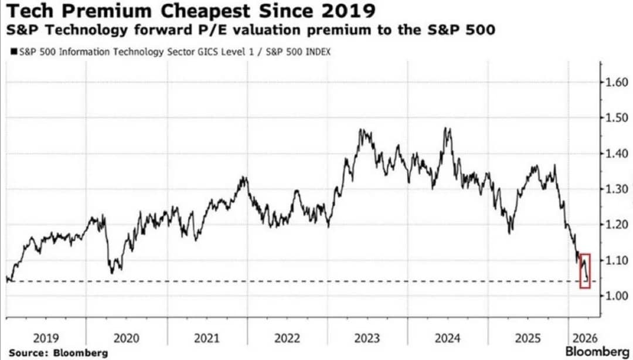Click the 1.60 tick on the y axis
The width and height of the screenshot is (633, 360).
coord(617,83)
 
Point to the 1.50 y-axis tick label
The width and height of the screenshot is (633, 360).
coord(617,118)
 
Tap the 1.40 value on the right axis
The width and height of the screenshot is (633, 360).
coord(617,154)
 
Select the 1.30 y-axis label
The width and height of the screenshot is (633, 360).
coord(617,189)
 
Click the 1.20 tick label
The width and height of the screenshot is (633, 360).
coord(617,225)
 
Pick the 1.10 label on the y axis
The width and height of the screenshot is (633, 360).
coord(617,260)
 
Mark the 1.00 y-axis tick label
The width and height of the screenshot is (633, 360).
coord(617,296)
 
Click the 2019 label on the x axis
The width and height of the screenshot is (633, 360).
coord(46,338)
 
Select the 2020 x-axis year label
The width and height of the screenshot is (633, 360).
coord(127,338)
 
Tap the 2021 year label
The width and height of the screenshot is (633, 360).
coord(207,338)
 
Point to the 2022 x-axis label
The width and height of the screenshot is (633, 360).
coord(287,338)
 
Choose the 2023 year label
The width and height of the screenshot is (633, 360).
coord(367,338)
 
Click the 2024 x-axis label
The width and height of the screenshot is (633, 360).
coord(448,338)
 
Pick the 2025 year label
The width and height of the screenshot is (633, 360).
coord(528,338)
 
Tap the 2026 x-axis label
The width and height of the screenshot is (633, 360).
coord(584,338)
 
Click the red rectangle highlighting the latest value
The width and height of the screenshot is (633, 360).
coord(580,271)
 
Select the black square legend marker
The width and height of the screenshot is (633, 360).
coord(14,52)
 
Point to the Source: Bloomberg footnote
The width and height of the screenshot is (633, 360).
coord(58,353)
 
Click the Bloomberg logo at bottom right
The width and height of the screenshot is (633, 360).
coord(597,352)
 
